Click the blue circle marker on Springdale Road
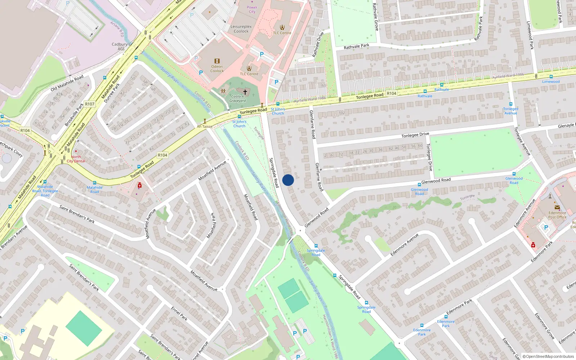(x=288, y=180)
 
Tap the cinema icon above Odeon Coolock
(x=217, y=61)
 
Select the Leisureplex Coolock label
(x=241, y=29)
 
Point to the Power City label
(x=252, y=9)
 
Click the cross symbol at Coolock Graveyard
(x=245, y=92)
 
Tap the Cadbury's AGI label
(x=121, y=46)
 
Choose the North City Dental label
(x=76, y=159)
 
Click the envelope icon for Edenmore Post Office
(x=557, y=207)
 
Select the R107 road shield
(x=90, y=104)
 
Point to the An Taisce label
(x=204, y=126)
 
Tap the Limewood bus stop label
(x=551, y=81)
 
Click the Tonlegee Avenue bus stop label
(x=510, y=111)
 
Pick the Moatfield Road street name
(x=251, y=207)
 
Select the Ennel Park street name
(x=179, y=314)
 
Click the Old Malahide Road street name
(x=67, y=83)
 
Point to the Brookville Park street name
(x=74, y=114)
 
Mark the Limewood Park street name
(x=530, y=35)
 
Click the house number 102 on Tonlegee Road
(x=342, y=113)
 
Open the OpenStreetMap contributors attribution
(x=548, y=356)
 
